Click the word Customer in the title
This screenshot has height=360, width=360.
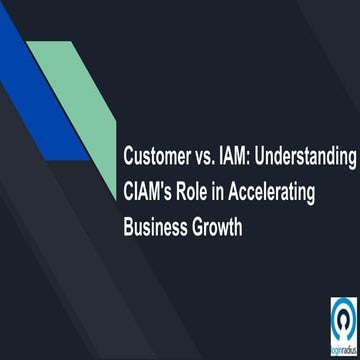tap(158, 158)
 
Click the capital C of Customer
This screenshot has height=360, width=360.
tap(128, 158)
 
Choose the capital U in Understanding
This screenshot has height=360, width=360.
tap(268, 158)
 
